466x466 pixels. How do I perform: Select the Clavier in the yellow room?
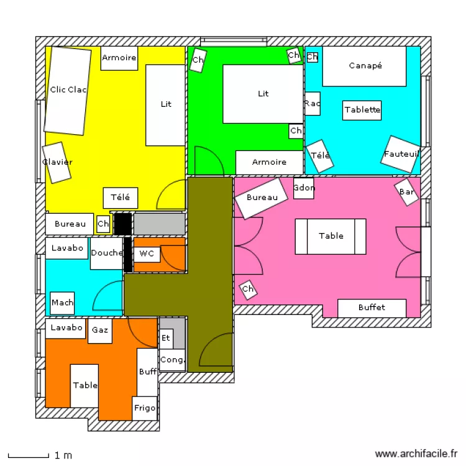[57, 162]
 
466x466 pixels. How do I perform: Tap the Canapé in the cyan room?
[365, 66]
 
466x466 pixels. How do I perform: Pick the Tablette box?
[362, 110]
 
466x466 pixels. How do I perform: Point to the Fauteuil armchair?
[401, 154]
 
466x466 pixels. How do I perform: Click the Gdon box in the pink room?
[304, 188]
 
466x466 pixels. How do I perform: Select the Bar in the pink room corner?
[406, 192]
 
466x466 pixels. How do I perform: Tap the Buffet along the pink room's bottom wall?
[372, 308]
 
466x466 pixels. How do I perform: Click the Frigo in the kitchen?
[145, 408]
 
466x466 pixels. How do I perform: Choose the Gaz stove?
[100, 331]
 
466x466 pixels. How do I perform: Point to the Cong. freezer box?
[172, 360]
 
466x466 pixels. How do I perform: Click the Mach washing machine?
[62, 303]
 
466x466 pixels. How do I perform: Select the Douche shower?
[106, 254]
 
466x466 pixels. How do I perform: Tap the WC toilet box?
[147, 254]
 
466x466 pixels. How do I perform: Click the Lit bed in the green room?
[263, 94]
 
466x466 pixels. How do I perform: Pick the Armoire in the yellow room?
[119, 58]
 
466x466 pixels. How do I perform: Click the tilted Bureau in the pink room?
[261, 198]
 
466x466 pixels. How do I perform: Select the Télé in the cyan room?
[320, 155]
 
